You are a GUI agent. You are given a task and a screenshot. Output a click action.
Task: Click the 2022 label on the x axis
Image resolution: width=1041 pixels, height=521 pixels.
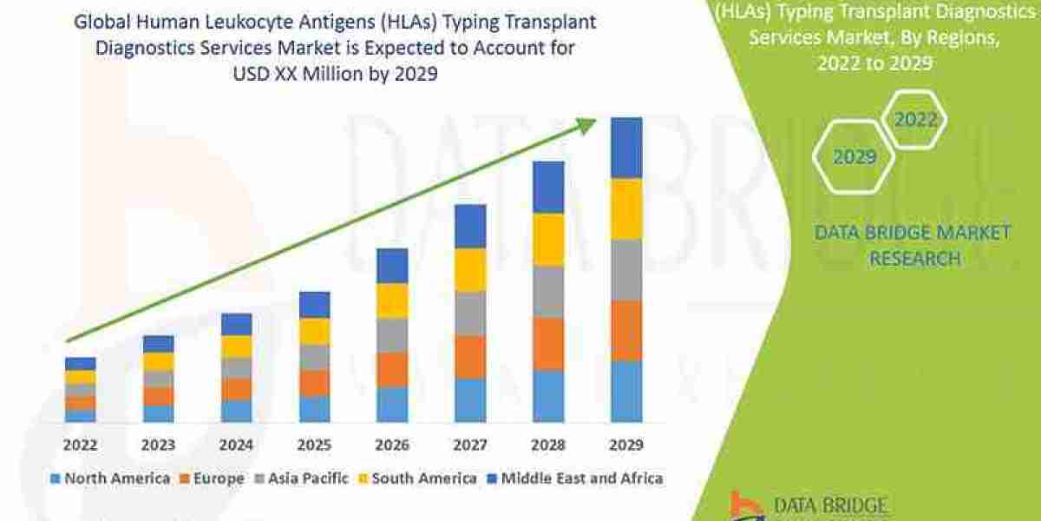pyautogui.click(x=80, y=445)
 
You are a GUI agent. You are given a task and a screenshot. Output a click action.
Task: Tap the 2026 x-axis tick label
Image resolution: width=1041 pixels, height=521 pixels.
pyautogui.click(x=392, y=445)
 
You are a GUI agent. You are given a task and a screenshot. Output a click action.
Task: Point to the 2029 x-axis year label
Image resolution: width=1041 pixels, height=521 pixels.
pyautogui.click(x=626, y=445)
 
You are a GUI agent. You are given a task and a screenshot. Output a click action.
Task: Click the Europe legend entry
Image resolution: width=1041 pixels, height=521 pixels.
pyautogui.click(x=212, y=478)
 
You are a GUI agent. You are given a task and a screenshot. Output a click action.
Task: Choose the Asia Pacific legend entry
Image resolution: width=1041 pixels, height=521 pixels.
pyautogui.click(x=300, y=478)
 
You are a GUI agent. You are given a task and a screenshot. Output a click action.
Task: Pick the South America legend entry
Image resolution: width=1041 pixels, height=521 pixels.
pyautogui.click(x=416, y=478)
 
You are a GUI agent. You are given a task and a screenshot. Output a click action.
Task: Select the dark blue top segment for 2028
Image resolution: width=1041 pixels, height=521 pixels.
pyautogui.click(x=548, y=187)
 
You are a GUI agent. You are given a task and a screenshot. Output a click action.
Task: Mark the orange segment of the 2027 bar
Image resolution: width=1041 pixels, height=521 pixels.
pyautogui.click(x=470, y=356)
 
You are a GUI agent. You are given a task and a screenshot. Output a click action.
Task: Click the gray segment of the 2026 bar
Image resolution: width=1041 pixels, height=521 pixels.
pyautogui.click(x=392, y=334)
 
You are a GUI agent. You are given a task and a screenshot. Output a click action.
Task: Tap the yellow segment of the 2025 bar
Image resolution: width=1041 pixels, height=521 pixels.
pyautogui.click(x=314, y=331)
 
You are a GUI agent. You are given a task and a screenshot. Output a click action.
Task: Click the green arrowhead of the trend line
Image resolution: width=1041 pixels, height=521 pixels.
pyautogui.click(x=588, y=125)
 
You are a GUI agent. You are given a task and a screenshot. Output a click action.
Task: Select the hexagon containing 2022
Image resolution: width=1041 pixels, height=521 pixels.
pyautogui.click(x=914, y=120)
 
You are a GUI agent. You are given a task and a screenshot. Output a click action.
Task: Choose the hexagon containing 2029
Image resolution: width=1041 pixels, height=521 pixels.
pyautogui.click(x=854, y=157)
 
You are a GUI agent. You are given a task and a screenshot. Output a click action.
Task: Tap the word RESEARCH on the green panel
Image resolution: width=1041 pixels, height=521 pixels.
pyautogui.click(x=914, y=259)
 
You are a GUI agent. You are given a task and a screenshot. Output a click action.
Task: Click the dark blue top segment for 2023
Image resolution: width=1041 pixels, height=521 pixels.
pyautogui.click(x=158, y=344)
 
